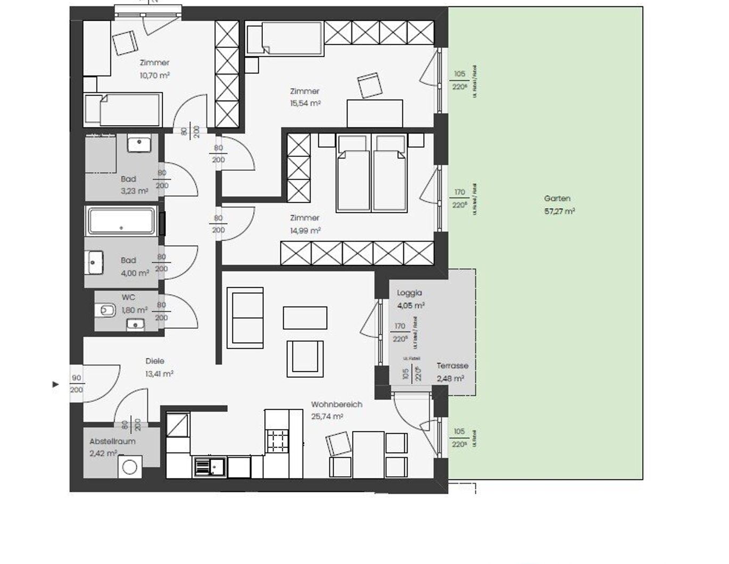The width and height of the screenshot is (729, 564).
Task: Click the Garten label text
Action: [557, 198]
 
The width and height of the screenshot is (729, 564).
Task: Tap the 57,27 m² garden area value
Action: [559, 211]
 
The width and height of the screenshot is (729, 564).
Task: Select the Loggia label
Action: [409, 293]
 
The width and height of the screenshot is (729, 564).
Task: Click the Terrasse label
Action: [452, 366]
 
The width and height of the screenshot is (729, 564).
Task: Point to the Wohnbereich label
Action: [336, 404]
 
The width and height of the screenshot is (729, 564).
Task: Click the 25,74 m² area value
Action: [327, 417]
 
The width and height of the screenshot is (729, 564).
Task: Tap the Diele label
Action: [155, 361]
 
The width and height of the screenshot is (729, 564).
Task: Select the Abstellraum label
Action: [112, 441]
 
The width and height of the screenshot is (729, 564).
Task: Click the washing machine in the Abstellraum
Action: [129, 467]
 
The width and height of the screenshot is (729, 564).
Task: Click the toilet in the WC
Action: [106, 309]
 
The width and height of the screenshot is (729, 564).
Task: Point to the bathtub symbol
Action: [121, 221]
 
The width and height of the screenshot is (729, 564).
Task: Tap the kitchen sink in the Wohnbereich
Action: [210, 467]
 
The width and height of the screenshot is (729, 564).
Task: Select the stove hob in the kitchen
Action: [277, 440]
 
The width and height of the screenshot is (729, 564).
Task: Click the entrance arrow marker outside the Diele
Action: [55, 384]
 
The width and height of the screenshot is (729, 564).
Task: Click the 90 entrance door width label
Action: [77, 378]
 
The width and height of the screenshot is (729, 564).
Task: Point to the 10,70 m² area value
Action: [154, 76]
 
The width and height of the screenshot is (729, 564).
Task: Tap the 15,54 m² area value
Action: [305, 104]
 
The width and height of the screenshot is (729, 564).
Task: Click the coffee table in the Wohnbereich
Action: [305, 318]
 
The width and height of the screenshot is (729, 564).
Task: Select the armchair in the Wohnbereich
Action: [305, 356]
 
